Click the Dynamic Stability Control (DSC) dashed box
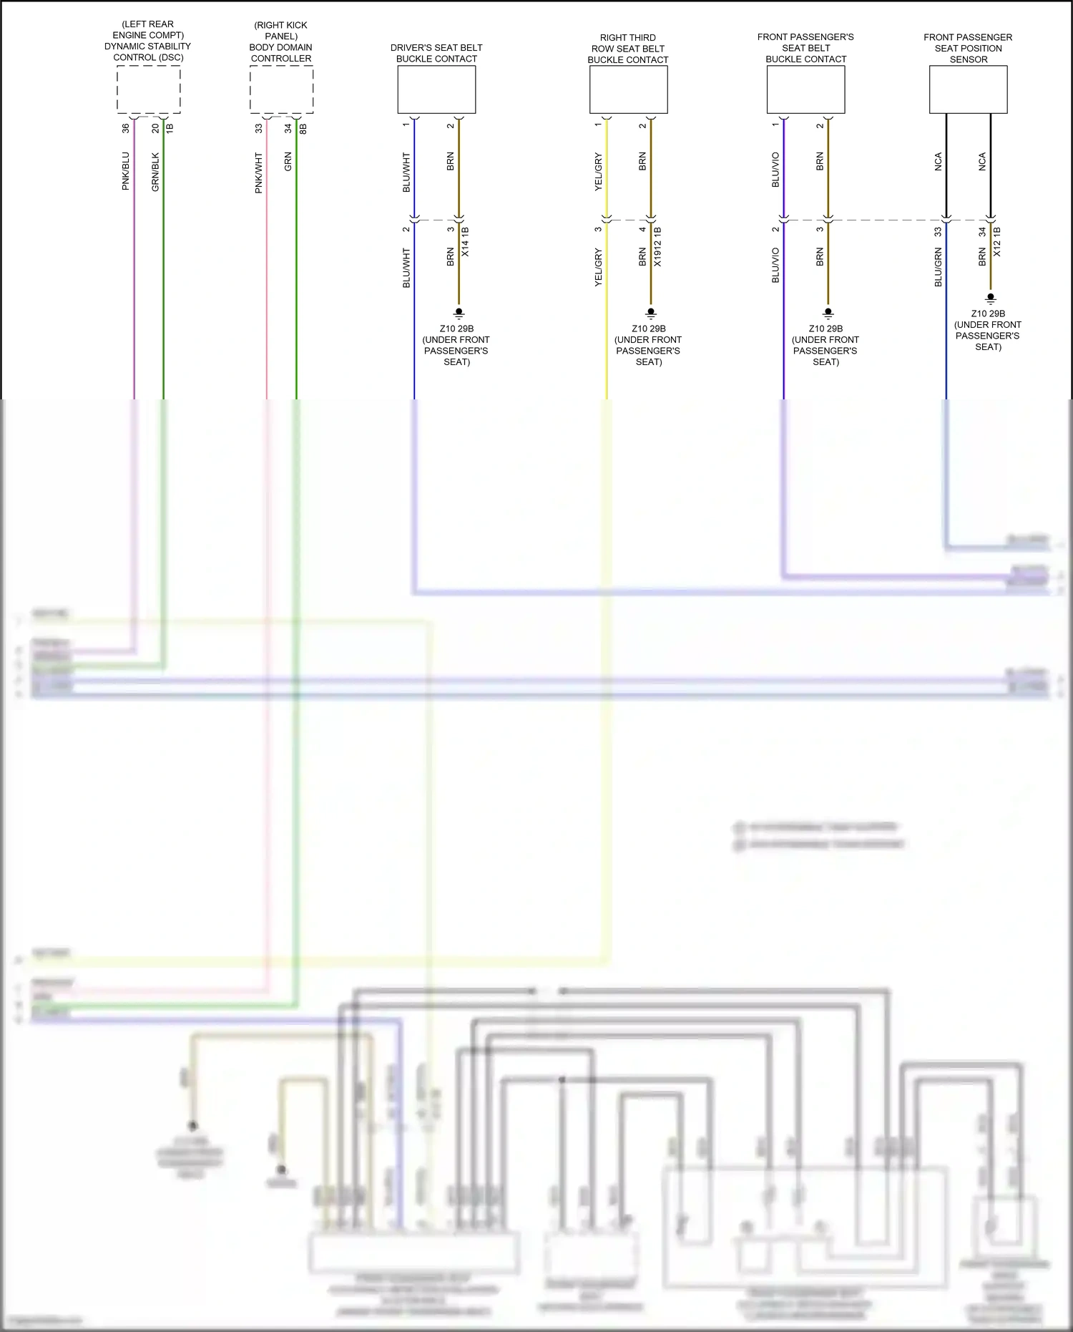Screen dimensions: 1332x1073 (149, 89)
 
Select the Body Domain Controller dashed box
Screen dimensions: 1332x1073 (281, 89)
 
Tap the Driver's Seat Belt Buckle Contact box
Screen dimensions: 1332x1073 (436, 89)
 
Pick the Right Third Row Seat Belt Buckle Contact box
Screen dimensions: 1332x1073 (628, 89)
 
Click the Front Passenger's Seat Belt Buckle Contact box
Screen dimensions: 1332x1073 (805, 89)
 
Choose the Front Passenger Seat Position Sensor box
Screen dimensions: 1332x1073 (968, 89)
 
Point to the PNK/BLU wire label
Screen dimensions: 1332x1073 (126, 171)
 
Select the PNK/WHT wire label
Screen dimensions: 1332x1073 (259, 172)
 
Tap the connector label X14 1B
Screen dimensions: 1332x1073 (466, 242)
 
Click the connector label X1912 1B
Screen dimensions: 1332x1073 (657, 247)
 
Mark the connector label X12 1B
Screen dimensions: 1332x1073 (997, 242)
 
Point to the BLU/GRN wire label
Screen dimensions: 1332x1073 (938, 268)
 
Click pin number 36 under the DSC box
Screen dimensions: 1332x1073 (126, 128)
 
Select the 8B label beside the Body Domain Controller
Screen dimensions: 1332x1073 (303, 128)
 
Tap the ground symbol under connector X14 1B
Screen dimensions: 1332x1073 (459, 313)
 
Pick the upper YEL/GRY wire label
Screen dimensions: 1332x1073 (599, 172)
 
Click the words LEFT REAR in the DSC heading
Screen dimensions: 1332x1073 (149, 24)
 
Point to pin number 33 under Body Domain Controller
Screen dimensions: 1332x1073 (259, 128)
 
